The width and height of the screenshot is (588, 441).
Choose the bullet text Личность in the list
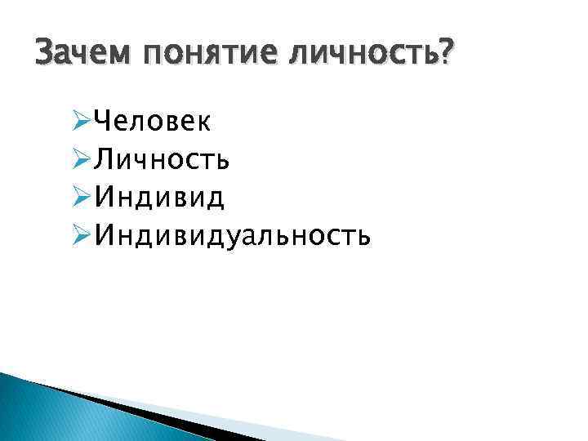pyautogui.click(x=162, y=159)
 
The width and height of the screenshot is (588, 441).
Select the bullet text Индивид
pyautogui.click(x=160, y=198)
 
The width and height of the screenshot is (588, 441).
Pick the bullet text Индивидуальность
pyautogui.click(x=233, y=236)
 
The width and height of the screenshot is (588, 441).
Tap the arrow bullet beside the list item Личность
pyautogui.click(x=80, y=160)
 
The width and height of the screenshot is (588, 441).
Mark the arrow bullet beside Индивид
pyautogui.click(x=80, y=198)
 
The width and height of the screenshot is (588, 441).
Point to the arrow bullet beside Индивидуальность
pyautogui.click(x=80, y=236)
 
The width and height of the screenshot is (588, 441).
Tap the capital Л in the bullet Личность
pyautogui.click(x=104, y=160)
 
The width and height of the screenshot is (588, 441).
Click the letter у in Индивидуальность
pyautogui.click(x=238, y=238)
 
